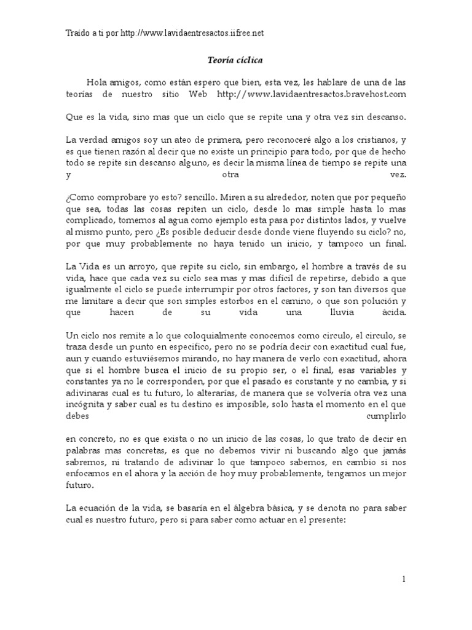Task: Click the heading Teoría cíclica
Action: pos(236,60)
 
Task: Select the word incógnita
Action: pos(84,392)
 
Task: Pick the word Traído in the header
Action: pos(77,33)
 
